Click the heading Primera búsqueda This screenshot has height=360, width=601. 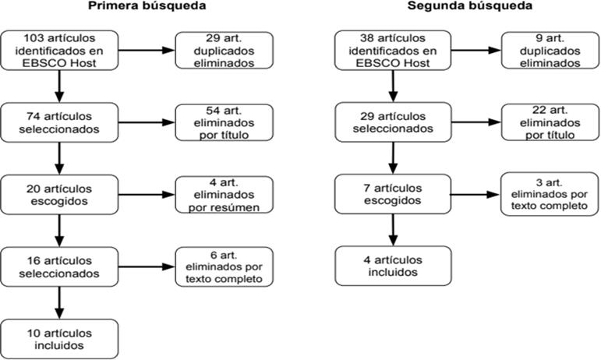pos(147,5)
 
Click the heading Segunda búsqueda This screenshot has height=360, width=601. pos(470,5)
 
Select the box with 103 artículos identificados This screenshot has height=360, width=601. pos(59,51)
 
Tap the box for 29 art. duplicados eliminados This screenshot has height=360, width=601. pos(224,51)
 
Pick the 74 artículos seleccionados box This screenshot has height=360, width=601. pos(59,122)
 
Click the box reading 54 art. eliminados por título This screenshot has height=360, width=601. pos(224,122)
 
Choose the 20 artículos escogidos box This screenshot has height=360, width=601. pos(59,195)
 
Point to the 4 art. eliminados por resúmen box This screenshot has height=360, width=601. pos(224,195)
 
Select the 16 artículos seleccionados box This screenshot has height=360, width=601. pos(59,267)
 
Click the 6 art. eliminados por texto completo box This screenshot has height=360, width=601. pos(224,267)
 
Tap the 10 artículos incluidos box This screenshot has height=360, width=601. pos(59,339)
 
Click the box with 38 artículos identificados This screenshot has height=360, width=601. pos(393,51)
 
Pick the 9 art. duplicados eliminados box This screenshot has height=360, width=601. pos(550,51)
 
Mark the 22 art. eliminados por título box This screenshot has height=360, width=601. pos(550,122)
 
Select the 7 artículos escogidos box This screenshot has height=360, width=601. pos(393,194)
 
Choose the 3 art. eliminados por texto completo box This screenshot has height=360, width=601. pos(550,194)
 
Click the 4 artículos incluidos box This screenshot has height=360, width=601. pos(393,266)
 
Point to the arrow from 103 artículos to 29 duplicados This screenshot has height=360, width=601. pos(147,50)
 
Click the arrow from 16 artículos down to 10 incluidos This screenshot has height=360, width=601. pos(59,303)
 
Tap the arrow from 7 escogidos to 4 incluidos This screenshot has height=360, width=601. pos(393,230)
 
